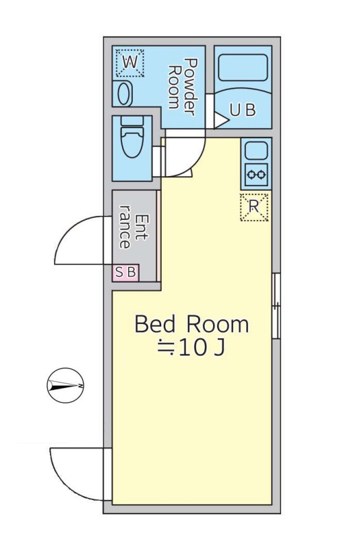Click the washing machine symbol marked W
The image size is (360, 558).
[130, 63]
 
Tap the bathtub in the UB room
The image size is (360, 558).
[243, 67]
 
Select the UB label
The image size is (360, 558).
[243, 110]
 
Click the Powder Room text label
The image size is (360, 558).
[183, 87]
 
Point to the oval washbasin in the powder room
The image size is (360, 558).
[124, 94]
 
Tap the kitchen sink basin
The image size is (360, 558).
[256, 150]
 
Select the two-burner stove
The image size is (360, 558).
[256, 175]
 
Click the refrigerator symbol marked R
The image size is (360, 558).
[254, 206]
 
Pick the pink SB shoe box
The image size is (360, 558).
[125, 273]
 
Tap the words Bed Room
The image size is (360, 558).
[191, 324]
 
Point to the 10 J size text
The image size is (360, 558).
[202, 347]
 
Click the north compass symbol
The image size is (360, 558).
[65, 385]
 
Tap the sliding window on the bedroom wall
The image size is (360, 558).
[276, 306]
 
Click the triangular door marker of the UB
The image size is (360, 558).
[220, 120]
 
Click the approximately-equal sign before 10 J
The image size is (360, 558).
[166, 347]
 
